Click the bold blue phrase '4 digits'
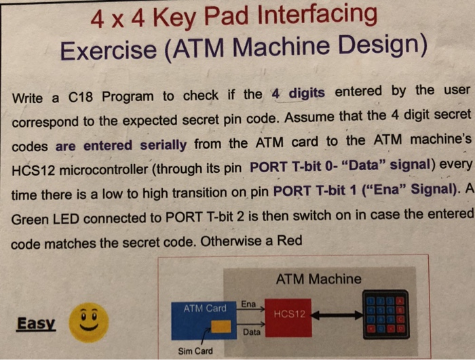(x=298, y=93)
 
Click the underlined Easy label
(x=36, y=323)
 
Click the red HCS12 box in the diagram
(x=288, y=317)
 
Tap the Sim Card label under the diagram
(x=195, y=351)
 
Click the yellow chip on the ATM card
(x=221, y=328)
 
